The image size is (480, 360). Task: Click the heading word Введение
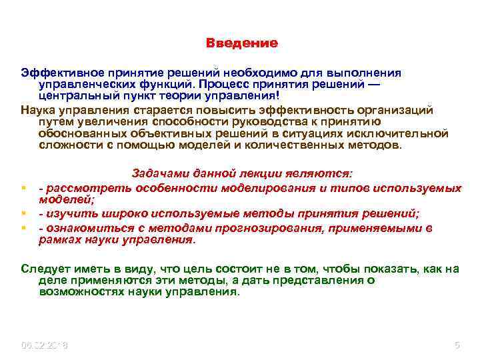click(x=241, y=43)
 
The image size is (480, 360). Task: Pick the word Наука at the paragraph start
click(x=37, y=109)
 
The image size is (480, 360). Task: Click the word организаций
click(x=395, y=109)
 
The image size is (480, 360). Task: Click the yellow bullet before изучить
click(x=23, y=214)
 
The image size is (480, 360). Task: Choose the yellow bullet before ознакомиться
click(x=23, y=228)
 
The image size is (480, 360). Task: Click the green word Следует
click(x=43, y=269)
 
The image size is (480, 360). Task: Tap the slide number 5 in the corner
click(x=457, y=345)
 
